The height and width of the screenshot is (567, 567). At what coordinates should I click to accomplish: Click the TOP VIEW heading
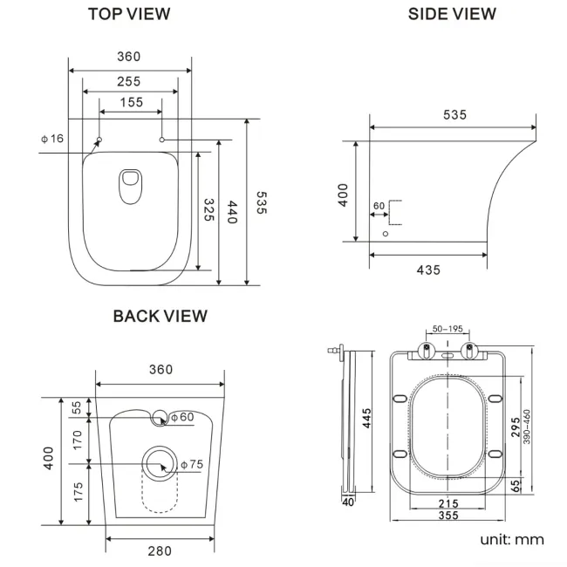coord(129,14)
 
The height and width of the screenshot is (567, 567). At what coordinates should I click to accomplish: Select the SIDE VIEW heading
coord(452,14)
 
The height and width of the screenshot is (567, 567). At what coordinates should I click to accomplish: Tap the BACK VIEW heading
coord(160,316)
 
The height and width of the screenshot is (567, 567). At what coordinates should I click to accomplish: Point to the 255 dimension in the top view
coord(129,81)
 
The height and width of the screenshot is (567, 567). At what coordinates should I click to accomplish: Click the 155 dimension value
coord(130,103)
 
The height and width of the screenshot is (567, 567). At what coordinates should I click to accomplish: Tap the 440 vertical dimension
coord(232,213)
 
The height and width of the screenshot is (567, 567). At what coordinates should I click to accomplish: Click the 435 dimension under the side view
coord(427,270)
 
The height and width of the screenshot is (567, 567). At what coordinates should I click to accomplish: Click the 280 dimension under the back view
coord(160,550)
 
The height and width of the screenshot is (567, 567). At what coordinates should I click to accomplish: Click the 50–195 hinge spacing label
coord(447,329)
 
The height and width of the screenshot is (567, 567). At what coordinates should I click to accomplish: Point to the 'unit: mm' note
coord(511,540)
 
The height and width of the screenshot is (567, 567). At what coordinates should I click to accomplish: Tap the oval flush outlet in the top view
coord(130,186)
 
